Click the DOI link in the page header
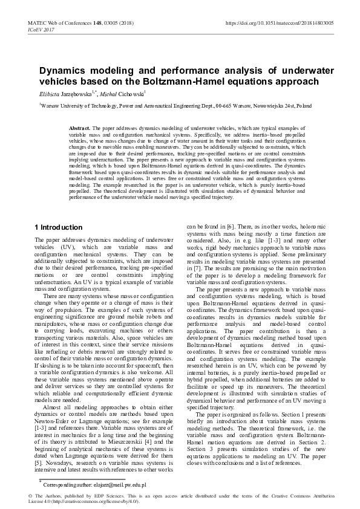[279, 22]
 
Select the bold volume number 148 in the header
[97, 22]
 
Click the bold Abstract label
[80, 129]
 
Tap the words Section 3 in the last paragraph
[203, 450]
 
